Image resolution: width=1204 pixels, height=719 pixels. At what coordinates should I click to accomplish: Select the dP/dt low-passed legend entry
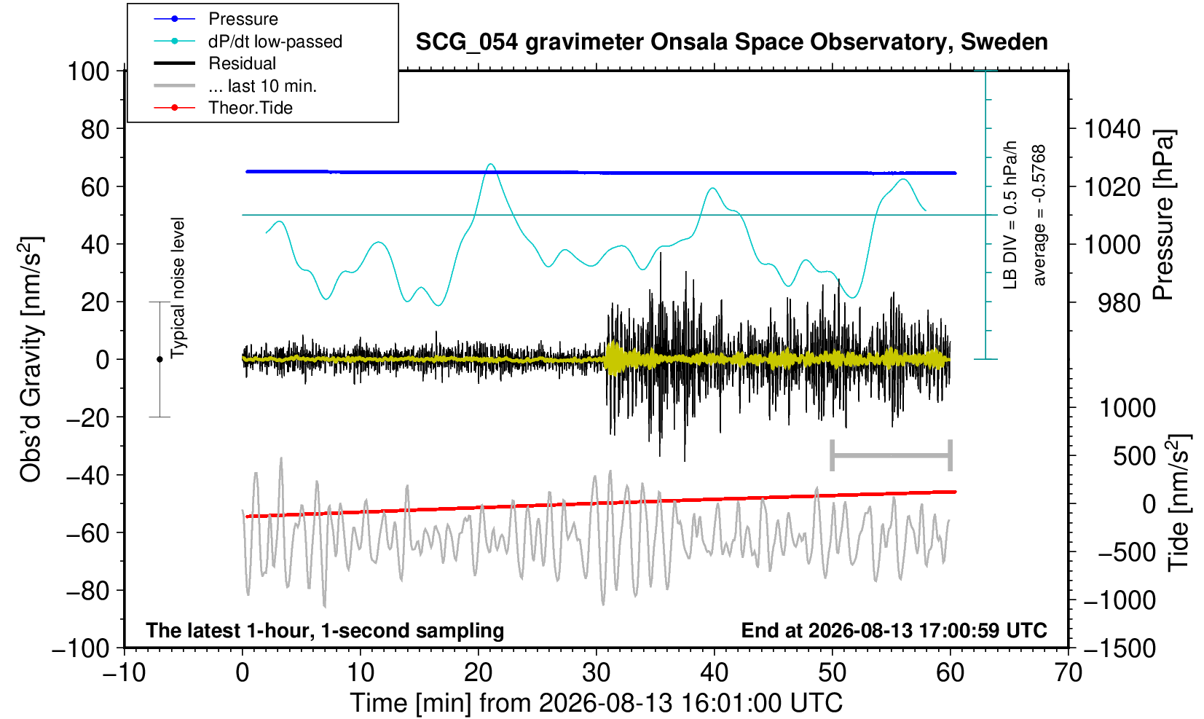pyautogui.click(x=248, y=42)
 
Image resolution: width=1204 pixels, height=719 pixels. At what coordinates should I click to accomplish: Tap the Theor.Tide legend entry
pyautogui.click(x=223, y=108)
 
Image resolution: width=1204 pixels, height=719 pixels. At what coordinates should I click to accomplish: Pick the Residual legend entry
pyautogui.click(x=215, y=63)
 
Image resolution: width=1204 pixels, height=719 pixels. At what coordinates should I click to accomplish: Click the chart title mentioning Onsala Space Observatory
pyautogui.click(x=731, y=42)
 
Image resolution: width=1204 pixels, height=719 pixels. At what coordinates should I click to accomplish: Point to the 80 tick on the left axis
pyautogui.click(x=95, y=129)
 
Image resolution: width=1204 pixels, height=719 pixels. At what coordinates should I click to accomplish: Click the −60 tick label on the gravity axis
pyautogui.click(x=87, y=533)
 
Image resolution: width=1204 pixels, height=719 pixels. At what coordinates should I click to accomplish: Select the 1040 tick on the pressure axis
pyautogui.click(x=1111, y=129)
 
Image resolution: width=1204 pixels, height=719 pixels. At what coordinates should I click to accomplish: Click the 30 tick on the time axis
pyautogui.click(x=596, y=672)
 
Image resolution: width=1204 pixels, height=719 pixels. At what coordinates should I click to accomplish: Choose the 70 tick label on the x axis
pyautogui.click(x=1068, y=672)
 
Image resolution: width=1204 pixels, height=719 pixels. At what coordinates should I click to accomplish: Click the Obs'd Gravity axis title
pyautogui.click(x=30, y=359)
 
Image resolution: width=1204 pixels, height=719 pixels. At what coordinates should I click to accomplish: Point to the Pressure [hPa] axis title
pyautogui.click(x=1164, y=215)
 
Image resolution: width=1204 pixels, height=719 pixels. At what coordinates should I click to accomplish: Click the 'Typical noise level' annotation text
pyautogui.click(x=178, y=288)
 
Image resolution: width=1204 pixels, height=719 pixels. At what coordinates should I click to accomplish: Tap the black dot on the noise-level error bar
pyautogui.click(x=160, y=359)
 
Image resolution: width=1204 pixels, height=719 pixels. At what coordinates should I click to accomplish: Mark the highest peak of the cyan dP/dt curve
pyautogui.click(x=491, y=164)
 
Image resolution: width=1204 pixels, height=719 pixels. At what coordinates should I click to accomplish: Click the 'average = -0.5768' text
pyautogui.click(x=1039, y=215)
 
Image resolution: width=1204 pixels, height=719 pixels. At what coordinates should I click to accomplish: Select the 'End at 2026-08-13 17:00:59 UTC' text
pyautogui.click(x=894, y=630)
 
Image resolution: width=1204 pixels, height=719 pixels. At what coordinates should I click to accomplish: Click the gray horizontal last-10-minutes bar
pyautogui.click(x=892, y=455)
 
